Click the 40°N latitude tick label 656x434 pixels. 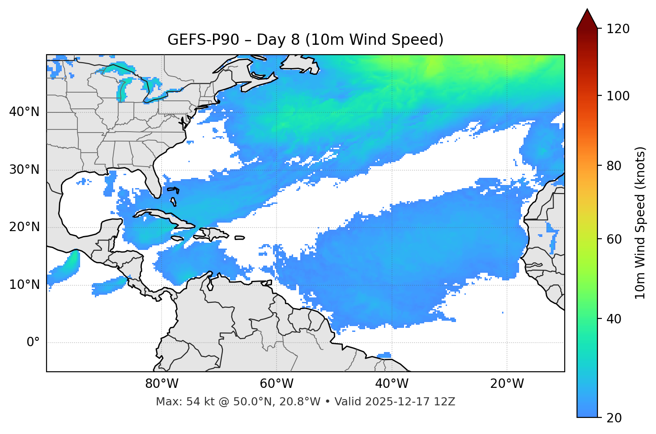(x=25, y=112)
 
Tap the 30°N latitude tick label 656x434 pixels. (x=25, y=170)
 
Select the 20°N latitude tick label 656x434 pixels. (x=25, y=227)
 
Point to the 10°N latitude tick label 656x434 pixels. (x=25, y=285)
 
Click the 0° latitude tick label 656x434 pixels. (x=33, y=343)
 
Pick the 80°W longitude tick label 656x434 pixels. (x=162, y=384)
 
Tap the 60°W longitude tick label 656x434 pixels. (x=277, y=384)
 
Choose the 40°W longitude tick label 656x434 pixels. (x=392, y=384)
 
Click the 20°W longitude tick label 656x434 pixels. (x=507, y=384)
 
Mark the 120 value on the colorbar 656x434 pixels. (x=618, y=29)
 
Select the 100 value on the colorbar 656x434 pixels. (x=618, y=96)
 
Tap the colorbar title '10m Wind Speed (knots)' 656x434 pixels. (x=640, y=223)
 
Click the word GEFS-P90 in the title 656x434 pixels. (x=196, y=40)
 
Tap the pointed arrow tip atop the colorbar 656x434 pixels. (x=587, y=11)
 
